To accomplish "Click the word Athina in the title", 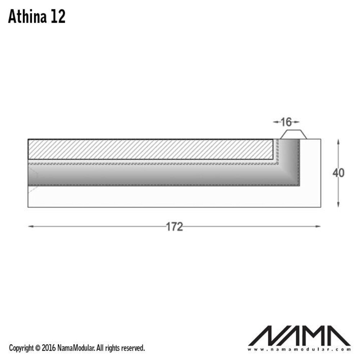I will click(x=27, y=17).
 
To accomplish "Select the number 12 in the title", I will click(x=58, y=17).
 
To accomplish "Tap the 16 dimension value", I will click(x=286, y=122).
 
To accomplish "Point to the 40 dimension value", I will click(x=338, y=173).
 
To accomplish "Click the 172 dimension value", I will click(x=174, y=227).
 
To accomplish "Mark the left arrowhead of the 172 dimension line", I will click(x=31, y=226).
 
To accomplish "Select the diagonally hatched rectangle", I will click(x=150, y=149).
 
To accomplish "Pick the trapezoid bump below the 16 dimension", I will click(x=293, y=135).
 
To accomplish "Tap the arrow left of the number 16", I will click(x=276, y=122).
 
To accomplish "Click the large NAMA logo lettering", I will click(x=299, y=336).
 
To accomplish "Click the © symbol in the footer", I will click(x=38, y=348).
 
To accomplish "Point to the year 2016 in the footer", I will click(x=48, y=348).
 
